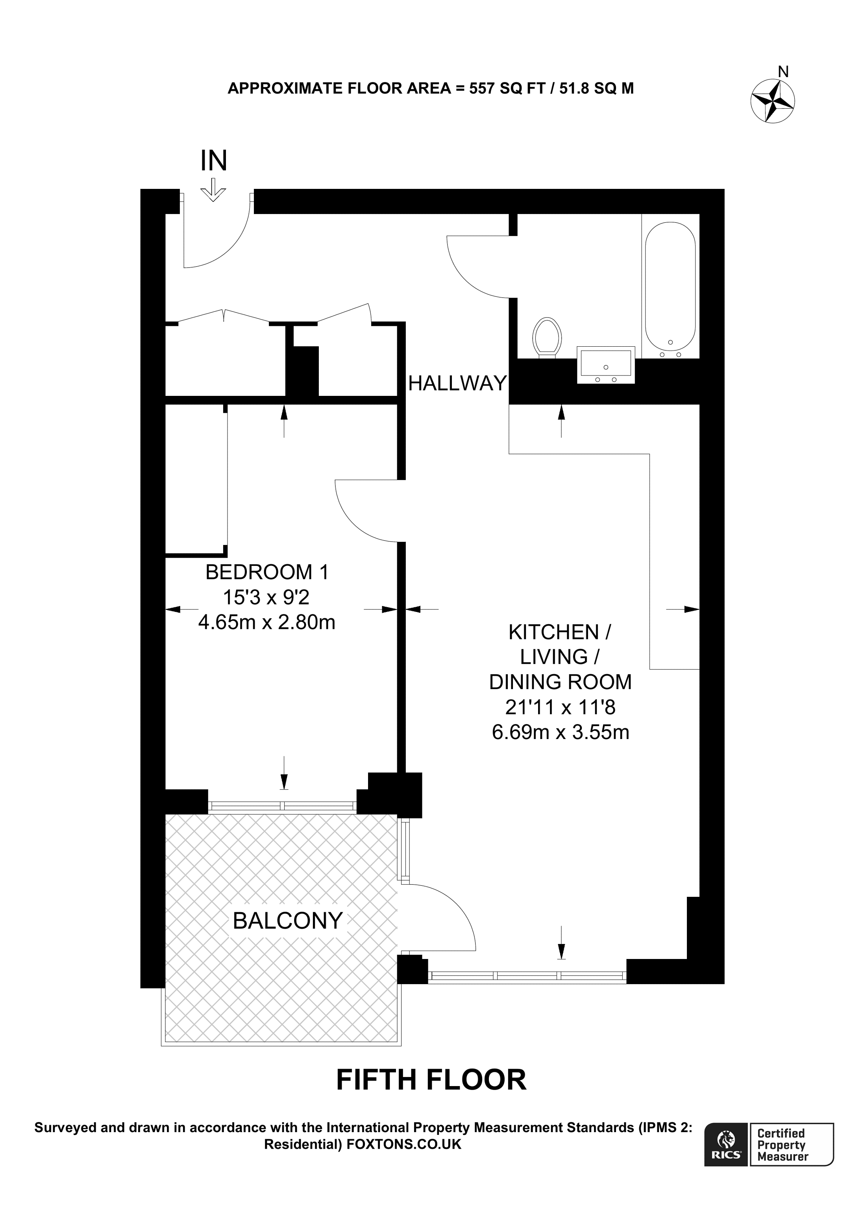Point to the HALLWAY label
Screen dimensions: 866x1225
457,383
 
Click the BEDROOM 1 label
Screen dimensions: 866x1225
267,573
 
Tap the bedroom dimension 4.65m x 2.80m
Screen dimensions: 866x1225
267,623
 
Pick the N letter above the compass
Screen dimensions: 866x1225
783,72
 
